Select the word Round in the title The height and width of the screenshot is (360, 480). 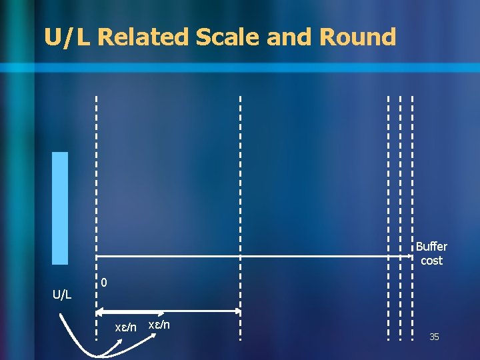point(358,37)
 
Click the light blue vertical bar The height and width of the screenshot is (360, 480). point(60,208)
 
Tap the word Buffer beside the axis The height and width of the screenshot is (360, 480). point(431,247)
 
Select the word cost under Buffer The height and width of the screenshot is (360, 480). point(431,261)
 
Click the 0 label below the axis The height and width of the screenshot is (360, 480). point(105,283)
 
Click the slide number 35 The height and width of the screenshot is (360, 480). point(434,337)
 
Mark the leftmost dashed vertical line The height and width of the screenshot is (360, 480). point(96,200)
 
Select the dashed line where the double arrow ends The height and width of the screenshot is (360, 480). point(241,200)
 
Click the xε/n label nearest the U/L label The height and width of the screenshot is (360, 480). point(125,327)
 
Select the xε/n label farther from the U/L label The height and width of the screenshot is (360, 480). point(159,325)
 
